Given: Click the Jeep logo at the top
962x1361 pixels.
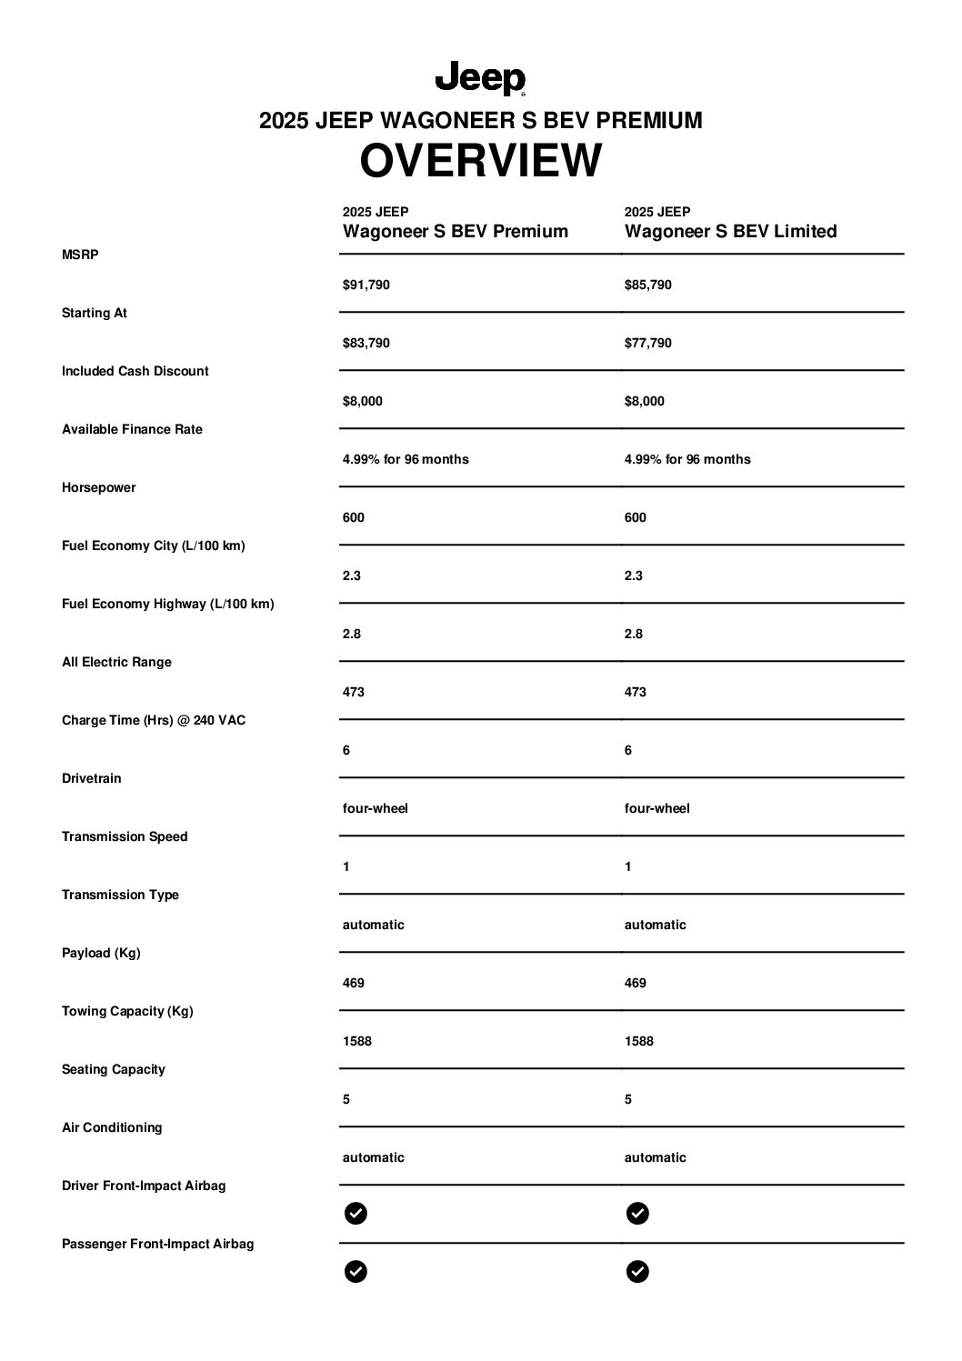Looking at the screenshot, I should pyautogui.click(x=480, y=79).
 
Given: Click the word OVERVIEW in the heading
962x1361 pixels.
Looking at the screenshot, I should pyautogui.click(x=480, y=161).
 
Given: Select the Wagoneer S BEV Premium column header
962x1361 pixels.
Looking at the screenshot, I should pyautogui.click(x=455, y=231).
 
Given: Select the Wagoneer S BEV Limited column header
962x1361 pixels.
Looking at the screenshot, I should pyautogui.click(x=730, y=231).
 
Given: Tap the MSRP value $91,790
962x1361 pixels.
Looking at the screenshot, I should pyautogui.click(x=366, y=285).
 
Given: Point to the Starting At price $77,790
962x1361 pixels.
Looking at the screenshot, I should pyautogui.click(x=647, y=343).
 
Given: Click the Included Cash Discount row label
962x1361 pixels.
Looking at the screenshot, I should pyautogui.click(x=135, y=371).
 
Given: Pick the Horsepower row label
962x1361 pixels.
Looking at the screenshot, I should pyautogui.click(x=98, y=487).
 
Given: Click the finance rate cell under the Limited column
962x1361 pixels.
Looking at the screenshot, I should pyautogui.click(x=686, y=459).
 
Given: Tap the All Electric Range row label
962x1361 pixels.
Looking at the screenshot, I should pyautogui.click(x=116, y=662).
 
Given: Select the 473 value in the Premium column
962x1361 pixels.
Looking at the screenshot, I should pyautogui.click(x=353, y=692).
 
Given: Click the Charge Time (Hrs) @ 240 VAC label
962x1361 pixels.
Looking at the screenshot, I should pyautogui.click(x=153, y=720).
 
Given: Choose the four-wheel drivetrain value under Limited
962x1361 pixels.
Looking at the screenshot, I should pyautogui.click(x=656, y=808).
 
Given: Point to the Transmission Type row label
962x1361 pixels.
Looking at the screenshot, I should pyautogui.click(x=120, y=895).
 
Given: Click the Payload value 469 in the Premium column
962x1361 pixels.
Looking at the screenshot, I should pyautogui.click(x=353, y=983).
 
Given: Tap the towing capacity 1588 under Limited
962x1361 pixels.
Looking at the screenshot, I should pyautogui.click(x=638, y=1041).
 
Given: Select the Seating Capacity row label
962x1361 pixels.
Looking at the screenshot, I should pyautogui.click(x=113, y=1069).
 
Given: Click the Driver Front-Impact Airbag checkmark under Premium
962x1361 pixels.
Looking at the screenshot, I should pyautogui.click(x=356, y=1213).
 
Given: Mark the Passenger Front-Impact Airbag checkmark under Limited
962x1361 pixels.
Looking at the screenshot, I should pyautogui.click(x=637, y=1271).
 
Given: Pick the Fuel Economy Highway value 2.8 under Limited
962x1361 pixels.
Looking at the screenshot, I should pyautogui.click(x=633, y=634).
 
